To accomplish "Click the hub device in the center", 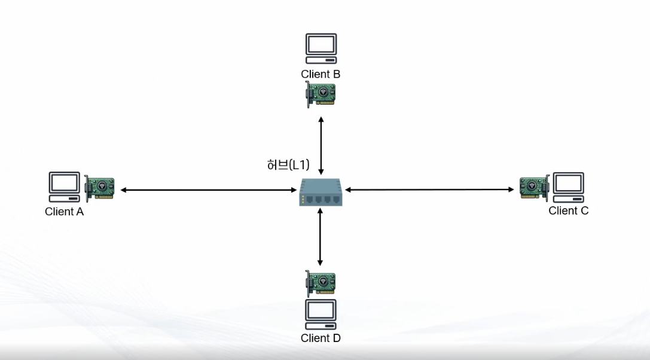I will click(x=321, y=193).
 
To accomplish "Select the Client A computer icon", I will click(x=64, y=187).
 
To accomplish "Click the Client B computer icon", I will click(x=321, y=48).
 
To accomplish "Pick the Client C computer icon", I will click(x=568, y=187).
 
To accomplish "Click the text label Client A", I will click(x=64, y=212).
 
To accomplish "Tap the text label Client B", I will click(x=321, y=74).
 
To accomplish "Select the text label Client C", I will click(x=568, y=210).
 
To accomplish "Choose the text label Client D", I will click(x=321, y=338).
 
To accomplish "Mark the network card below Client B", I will click(x=321, y=94).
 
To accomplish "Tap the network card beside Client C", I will click(x=534, y=188).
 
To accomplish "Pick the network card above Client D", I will click(x=321, y=283).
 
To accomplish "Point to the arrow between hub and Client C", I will click(x=429, y=190).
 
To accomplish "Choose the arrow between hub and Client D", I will click(x=321, y=237).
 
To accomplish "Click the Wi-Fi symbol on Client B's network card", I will click(x=324, y=92).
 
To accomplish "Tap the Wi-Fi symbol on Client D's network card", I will click(x=324, y=281).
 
